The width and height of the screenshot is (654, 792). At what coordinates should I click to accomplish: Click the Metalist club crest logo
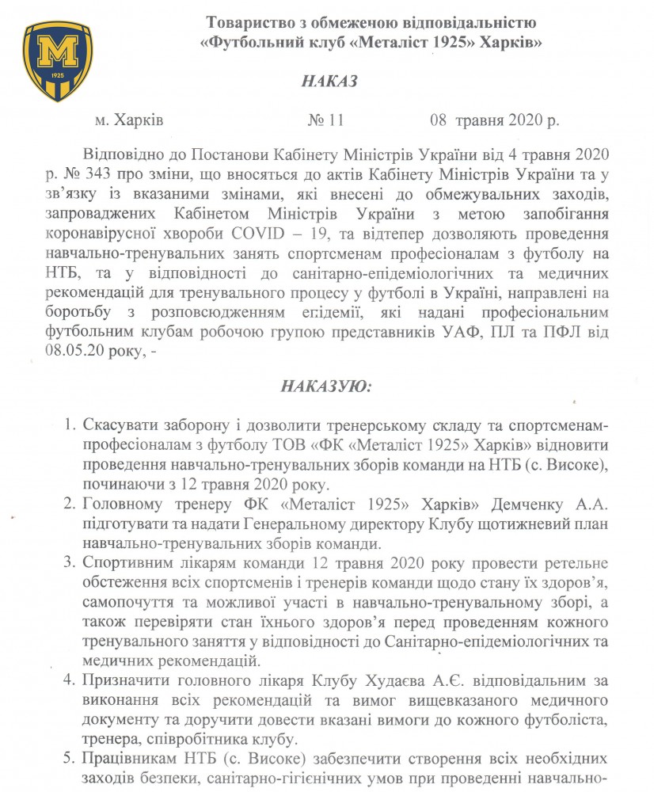[52, 61]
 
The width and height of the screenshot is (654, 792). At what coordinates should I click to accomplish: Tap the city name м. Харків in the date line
[128, 121]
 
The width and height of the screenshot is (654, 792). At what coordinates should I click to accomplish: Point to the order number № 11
[325, 121]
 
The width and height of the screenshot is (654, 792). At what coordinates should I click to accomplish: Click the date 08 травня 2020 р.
[494, 121]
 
